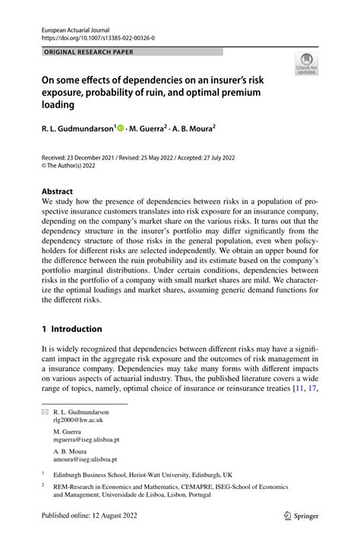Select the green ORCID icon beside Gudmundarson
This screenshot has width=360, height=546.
pos(121,130)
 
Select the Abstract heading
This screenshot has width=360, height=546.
pos(58,192)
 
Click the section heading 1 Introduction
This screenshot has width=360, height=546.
pos(71,329)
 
